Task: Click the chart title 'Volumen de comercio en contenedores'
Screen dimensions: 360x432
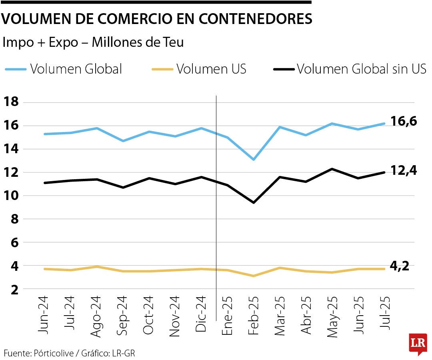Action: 157,19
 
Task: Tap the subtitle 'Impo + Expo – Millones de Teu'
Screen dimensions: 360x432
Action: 93,42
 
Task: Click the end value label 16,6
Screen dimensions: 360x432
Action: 404,120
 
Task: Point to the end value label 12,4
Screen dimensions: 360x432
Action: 404,170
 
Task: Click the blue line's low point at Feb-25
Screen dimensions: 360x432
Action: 254,159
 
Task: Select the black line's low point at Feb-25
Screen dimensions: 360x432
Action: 254,202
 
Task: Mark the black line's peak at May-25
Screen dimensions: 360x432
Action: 332,169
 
